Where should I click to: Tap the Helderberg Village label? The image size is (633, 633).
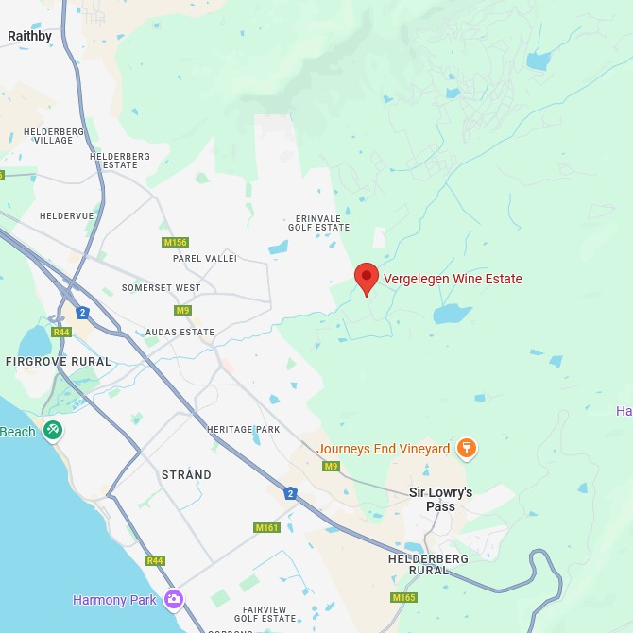54,136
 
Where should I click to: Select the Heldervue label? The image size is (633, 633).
67,215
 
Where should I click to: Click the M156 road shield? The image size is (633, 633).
175,243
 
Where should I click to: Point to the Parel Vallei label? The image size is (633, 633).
205,258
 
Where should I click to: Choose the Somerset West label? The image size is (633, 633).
161,287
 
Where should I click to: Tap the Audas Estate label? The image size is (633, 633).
180,333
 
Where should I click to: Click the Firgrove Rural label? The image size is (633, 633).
58,361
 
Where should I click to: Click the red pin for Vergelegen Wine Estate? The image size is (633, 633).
367,279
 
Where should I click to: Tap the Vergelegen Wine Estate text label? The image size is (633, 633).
453,279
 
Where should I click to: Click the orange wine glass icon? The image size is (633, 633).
465,448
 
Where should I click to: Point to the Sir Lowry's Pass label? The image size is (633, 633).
440,499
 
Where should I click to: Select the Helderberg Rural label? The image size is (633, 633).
428,564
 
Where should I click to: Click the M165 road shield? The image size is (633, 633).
403,597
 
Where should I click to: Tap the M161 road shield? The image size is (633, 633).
266,527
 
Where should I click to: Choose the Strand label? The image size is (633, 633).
186,474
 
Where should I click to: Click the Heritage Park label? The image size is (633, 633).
243,429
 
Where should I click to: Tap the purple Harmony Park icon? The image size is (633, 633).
173,599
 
